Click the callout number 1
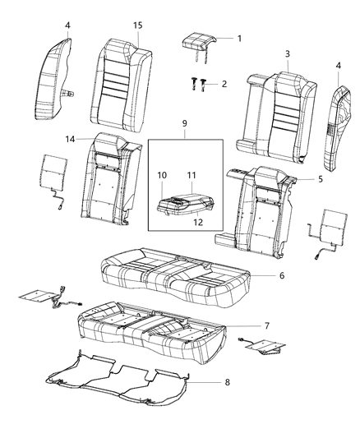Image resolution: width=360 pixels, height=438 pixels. [239, 39]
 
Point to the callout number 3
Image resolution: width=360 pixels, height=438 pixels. [288, 54]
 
